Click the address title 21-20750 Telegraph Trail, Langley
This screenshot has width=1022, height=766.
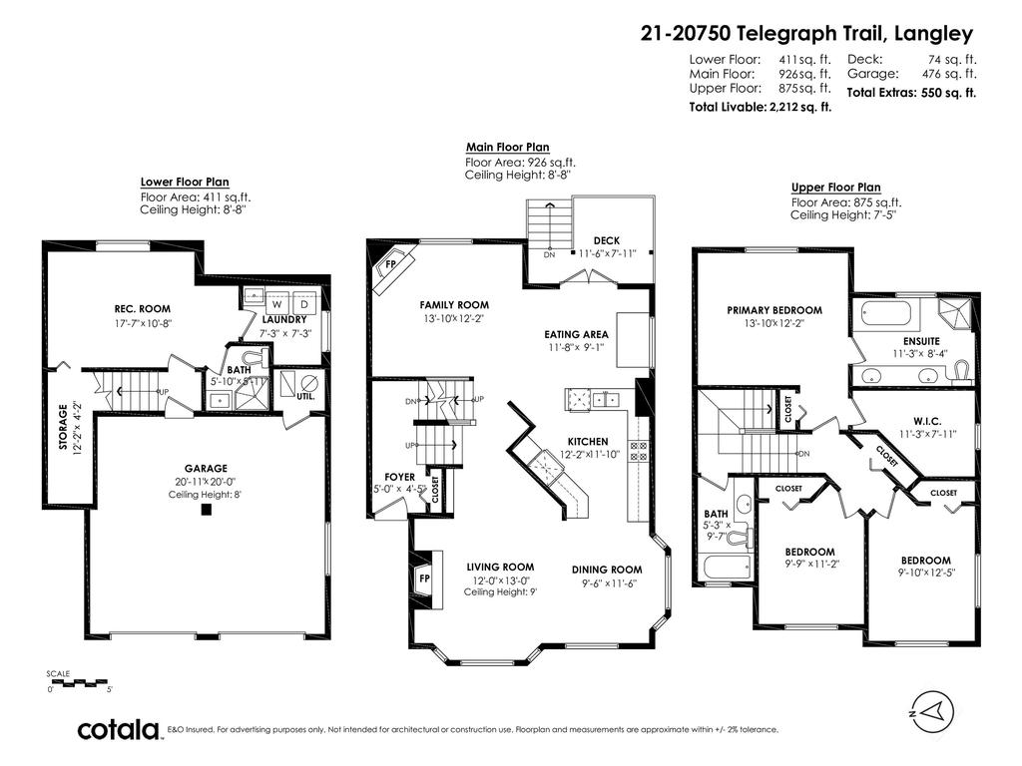pyautogui.click(x=806, y=33)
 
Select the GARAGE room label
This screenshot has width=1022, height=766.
pyautogui.click(x=206, y=468)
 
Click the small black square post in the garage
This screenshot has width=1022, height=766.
pyautogui.click(x=206, y=510)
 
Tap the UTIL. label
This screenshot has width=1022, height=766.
pyautogui.click(x=306, y=397)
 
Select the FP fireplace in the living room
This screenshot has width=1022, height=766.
pyautogui.click(x=423, y=578)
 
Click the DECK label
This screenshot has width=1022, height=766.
pyautogui.click(x=607, y=240)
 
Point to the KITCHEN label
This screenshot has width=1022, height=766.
pyautogui.click(x=588, y=441)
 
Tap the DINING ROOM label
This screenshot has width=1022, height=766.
pyautogui.click(x=606, y=570)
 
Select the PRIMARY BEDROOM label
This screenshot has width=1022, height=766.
pyautogui.click(x=774, y=310)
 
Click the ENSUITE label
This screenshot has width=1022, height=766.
pyautogui.click(x=919, y=339)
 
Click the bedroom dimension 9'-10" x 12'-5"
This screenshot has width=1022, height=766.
pyautogui.click(x=925, y=573)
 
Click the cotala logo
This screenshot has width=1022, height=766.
pyautogui.click(x=120, y=729)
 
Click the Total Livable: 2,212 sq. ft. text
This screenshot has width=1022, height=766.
pyautogui.click(x=761, y=106)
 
